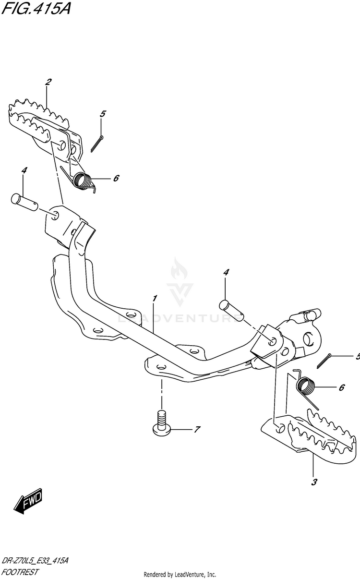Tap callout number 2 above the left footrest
48,82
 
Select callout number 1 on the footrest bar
155,299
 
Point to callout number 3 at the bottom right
314,482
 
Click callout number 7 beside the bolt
196,430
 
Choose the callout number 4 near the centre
226,272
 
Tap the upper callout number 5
103,114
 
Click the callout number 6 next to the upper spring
116,178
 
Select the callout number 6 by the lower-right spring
341,387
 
